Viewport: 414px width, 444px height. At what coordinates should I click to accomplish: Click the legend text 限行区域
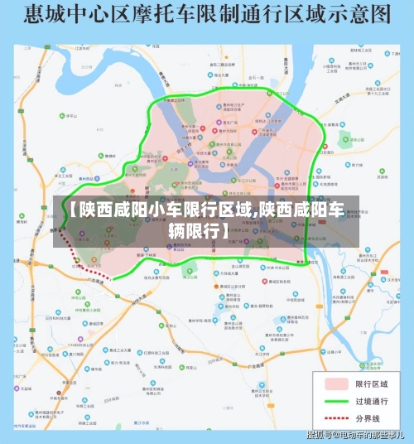click(373, 384)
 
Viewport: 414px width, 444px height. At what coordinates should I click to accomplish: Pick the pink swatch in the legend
click(335, 384)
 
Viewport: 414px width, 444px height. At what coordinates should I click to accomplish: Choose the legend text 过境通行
click(373, 402)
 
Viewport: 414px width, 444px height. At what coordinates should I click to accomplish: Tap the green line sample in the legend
click(335, 402)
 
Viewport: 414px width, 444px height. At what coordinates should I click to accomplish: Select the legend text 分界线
click(369, 419)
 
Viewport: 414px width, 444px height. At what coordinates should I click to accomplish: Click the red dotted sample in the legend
click(335, 419)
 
